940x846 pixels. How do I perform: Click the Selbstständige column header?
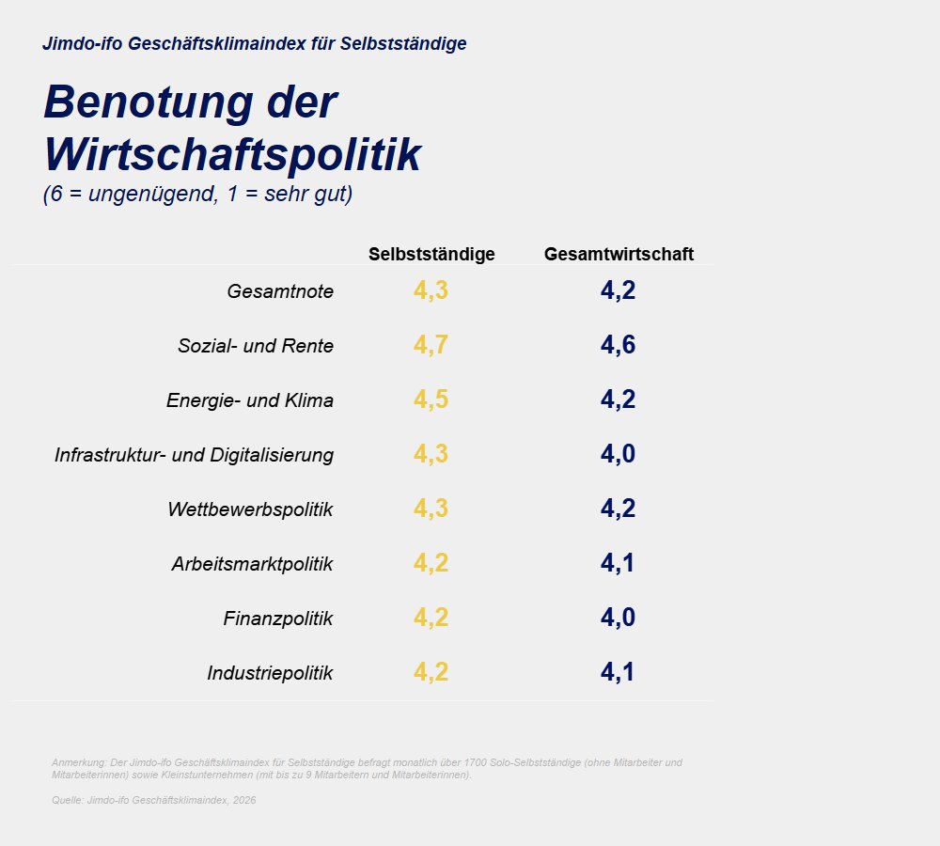[431, 255]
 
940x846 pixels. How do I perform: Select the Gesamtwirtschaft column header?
[619, 255]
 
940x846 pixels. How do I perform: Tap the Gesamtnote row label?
[280, 291]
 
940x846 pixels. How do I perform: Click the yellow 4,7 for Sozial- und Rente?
[431, 345]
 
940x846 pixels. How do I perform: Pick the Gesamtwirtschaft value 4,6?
[618, 345]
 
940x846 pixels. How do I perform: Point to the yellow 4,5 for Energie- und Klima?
[431, 399]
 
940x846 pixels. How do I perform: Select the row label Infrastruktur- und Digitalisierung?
[194, 455]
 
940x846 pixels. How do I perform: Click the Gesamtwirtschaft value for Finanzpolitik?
[618, 618]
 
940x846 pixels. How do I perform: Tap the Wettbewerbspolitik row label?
[250, 509]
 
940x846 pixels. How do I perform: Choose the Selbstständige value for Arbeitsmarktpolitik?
[431, 563]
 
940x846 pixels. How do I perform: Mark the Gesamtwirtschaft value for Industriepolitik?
[618, 672]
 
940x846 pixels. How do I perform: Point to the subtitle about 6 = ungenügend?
[197, 196]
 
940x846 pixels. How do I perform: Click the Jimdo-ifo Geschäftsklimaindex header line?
[254, 43]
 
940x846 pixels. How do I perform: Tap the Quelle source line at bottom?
[153, 800]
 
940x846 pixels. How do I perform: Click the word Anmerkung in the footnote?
[74, 762]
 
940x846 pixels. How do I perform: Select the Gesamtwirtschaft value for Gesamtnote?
[618, 290]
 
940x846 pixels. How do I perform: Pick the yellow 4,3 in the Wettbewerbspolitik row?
[431, 509]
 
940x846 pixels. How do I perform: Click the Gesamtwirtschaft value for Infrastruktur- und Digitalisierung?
[618, 454]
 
